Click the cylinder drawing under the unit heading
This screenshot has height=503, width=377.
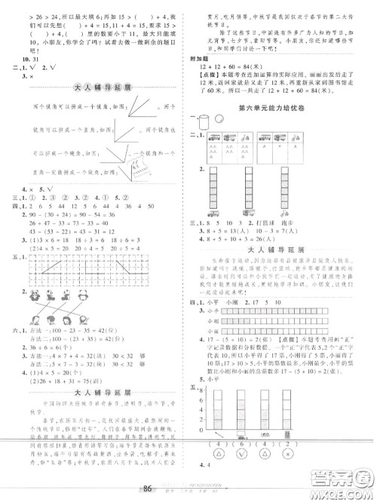pyautogui.click(x=203, y=121)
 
